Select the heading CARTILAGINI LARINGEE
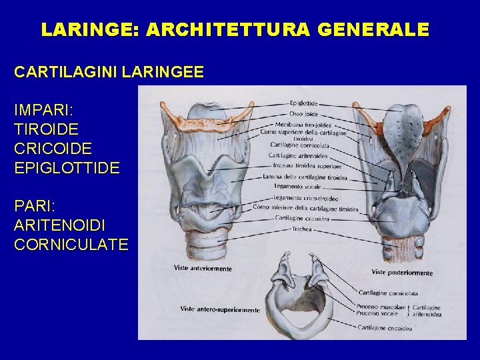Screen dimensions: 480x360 click(x=109, y=72)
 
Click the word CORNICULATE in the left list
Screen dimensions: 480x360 click(x=71, y=244)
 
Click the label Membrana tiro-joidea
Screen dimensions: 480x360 click(x=303, y=124)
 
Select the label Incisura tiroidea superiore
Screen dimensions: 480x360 click(x=305, y=166)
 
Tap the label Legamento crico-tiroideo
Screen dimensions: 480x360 click(x=305, y=198)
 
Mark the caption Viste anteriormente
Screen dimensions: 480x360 click(x=203, y=268)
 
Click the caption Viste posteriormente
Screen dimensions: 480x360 click(x=402, y=273)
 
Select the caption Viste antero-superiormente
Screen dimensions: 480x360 click(x=219, y=309)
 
